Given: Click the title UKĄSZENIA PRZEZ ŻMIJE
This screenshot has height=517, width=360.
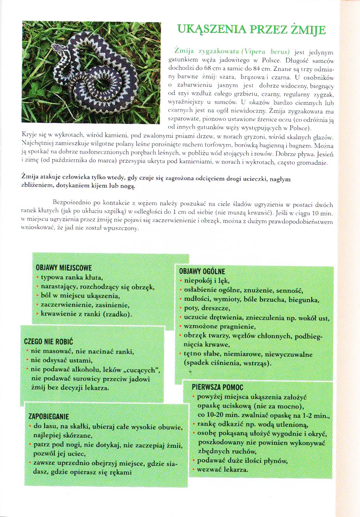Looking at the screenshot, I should coord(252,30).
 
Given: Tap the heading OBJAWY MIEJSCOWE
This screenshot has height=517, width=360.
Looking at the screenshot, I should coord(64,268).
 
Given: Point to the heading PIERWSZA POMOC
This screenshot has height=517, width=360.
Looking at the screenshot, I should coord(217,387).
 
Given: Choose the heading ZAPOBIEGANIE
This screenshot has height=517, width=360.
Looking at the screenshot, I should coord(48,417).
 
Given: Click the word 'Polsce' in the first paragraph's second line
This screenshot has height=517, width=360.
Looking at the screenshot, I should coord(253,60).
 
